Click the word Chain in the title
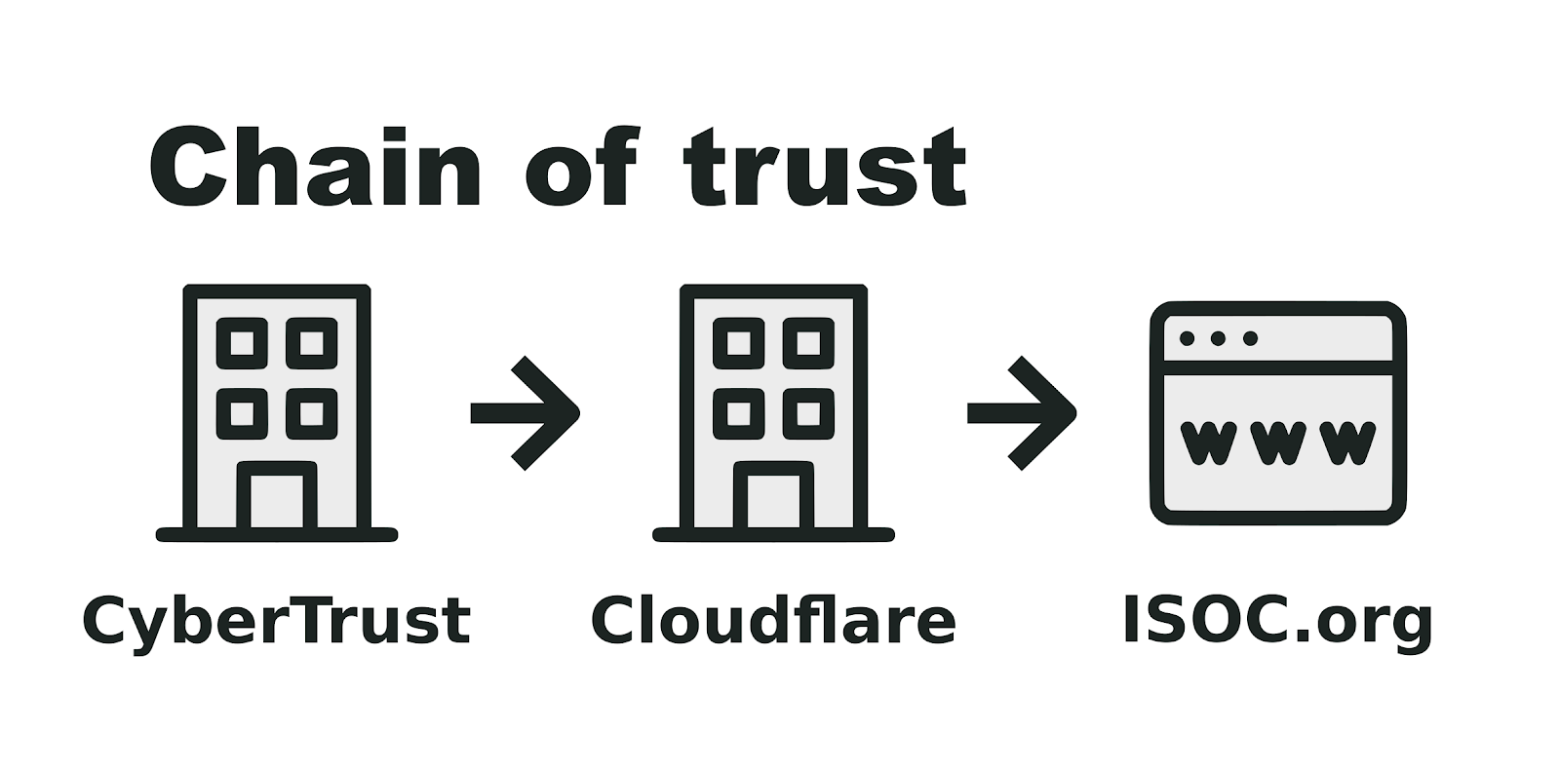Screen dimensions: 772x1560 click(x=314, y=168)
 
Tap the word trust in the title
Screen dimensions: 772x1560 click(x=825, y=168)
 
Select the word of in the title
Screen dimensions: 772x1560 click(x=581, y=168)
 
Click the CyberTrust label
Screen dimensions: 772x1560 click(x=277, y=621)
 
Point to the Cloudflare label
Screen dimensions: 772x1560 click(x=773, y=621)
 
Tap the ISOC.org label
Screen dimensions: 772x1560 click(x=1277, y=621)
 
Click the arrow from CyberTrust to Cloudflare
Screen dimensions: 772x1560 click(x=526, y=413)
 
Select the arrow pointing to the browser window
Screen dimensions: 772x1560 click(x=1023, y=413)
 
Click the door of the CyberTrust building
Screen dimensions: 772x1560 click(x=277, y=499)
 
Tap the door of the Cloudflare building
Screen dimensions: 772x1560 click(x=773, y=499)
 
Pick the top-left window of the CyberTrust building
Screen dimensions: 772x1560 click(x=242, y=343)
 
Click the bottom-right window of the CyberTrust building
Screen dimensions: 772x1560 click(x=312, y=413)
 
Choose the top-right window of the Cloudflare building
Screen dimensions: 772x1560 click(x=808, y=343)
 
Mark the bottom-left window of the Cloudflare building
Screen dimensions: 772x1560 click(x=738, y=413)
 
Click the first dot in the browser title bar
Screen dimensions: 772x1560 click(x=1188, y=338)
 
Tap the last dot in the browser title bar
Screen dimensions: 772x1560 click(x=1251, y=338)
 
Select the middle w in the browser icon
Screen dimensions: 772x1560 click(x=1277, y=442)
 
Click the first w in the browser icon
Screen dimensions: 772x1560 click(x=1208, y=442)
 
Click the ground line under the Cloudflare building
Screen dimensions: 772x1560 click(x=773, y=534)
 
